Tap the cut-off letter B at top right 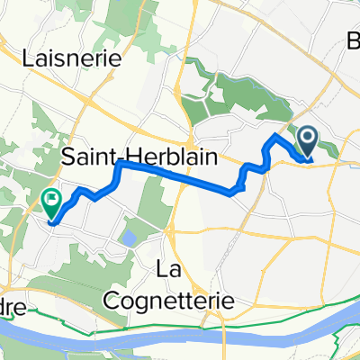[x=352, y=40]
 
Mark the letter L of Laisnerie [x=28, y=56]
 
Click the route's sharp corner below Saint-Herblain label [x=118, y=166]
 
